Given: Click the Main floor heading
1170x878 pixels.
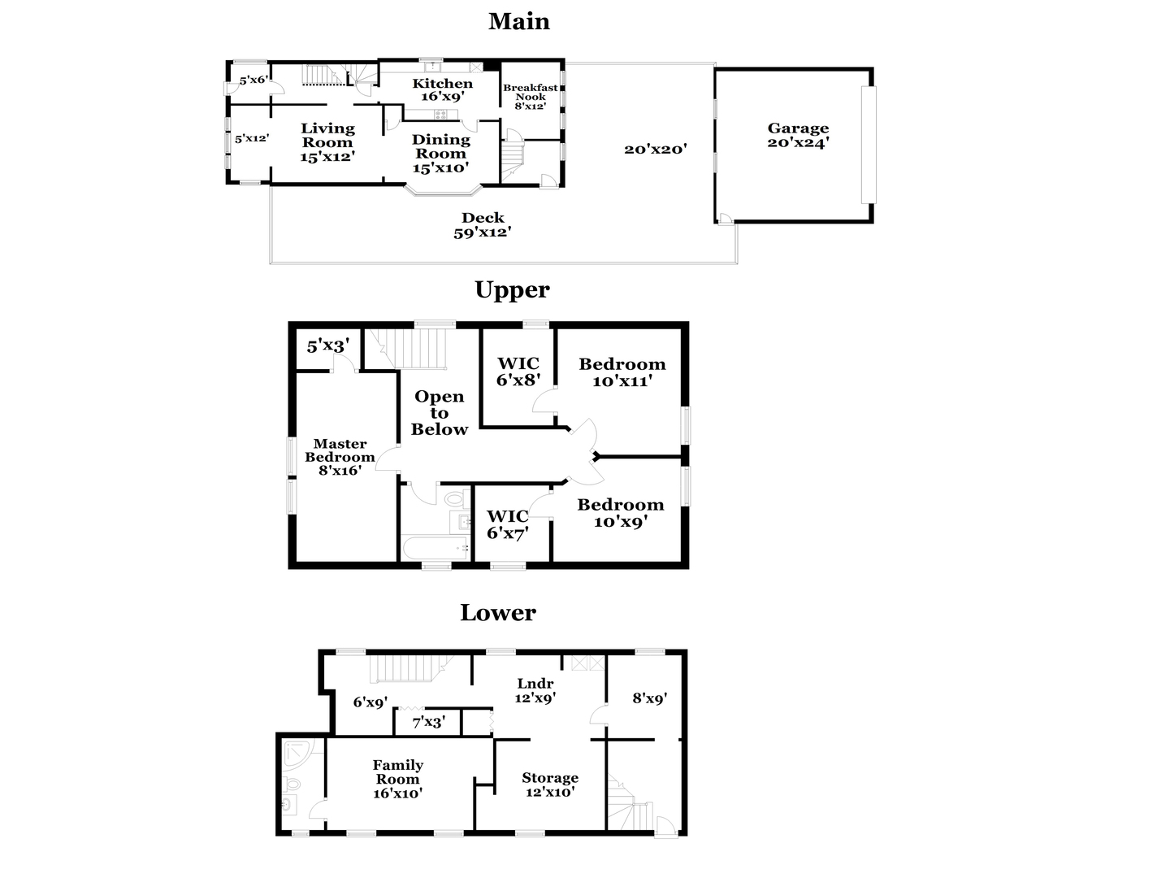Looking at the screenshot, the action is pos(518,21).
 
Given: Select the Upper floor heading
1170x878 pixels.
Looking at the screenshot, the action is pos(512,290).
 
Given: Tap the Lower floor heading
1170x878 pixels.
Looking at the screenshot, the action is pos(498,612).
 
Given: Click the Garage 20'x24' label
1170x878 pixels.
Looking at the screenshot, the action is pos(798,135).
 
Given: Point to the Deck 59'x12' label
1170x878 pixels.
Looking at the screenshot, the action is pos(483,225).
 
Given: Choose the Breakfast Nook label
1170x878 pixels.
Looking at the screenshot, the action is pos(530,97).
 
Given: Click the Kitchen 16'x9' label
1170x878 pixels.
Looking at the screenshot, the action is pos(443,89).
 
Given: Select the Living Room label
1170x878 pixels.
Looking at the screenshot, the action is pos(327,142).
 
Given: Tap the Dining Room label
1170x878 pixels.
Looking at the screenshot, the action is pos(441,154).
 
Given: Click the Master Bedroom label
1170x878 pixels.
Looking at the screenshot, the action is pos(340,457).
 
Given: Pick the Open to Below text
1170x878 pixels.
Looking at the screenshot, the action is pos(440,413).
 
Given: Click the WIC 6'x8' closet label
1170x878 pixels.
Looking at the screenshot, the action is pos(518,372).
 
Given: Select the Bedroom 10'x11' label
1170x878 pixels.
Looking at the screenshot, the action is pos(622,372).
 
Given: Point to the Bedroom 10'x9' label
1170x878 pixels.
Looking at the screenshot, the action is pos(621,513).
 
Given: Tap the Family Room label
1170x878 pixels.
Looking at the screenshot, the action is pos(397,779).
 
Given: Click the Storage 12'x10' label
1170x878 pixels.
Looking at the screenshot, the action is pos(550,785).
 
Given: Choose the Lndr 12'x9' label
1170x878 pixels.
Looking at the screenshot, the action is pos(535,690).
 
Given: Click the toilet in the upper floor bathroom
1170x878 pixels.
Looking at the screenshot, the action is pos(455,499).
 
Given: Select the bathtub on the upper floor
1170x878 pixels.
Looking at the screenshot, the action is pos(435,548).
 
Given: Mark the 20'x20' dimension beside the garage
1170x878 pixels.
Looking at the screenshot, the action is pos(656,150).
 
